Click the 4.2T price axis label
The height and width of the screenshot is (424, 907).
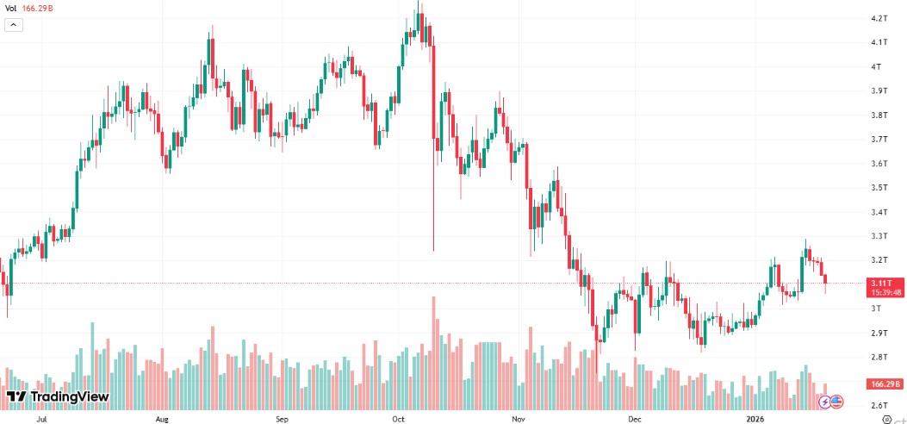(879, 18)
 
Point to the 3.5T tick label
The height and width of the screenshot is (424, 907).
(879, 188)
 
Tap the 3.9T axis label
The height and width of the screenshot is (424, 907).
(879, 90)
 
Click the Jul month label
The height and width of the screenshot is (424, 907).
(41, 420)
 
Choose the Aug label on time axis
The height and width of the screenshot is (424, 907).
(162, 420)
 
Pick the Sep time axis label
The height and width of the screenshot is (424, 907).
(282, 420)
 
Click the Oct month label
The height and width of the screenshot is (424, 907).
(398, 420)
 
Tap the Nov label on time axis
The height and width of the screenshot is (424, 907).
(518, 420)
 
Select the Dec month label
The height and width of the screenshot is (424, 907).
(635, 420)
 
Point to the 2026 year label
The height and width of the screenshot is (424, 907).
(755, 420)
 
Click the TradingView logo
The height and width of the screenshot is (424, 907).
(58, 396)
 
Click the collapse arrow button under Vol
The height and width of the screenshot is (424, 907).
(14, 25)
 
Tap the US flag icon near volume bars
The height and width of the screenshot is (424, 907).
(836, 401)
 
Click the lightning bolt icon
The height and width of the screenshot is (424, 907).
(824, 401)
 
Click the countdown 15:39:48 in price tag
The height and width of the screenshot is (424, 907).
(886, 292)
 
